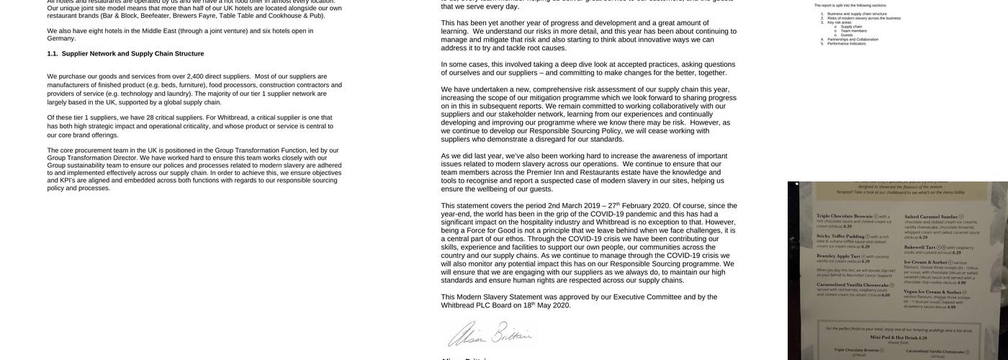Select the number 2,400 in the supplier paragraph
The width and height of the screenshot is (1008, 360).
click(x=195, y=76)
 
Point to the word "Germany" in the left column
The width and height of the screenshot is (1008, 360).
click(x=61, y=39)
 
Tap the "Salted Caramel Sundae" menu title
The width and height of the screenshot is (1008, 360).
click(x=932, y=217)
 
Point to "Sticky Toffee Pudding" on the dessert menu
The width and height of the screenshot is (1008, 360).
click(x=840, y=236)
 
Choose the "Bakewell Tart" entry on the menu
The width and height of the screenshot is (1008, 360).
click(x=919, y=247)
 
